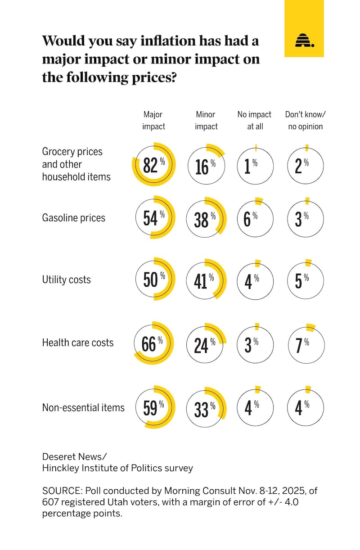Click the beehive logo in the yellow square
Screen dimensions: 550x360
(304, 41)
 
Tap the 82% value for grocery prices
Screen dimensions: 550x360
(151, 165)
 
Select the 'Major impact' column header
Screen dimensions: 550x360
(153, 121)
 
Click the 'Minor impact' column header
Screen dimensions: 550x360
(206, 121)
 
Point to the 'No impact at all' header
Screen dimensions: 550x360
(255, 121)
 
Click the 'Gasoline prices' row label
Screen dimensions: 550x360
(73, 218)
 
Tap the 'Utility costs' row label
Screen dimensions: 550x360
(66, 280)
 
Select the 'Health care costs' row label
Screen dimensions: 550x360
(78, 343)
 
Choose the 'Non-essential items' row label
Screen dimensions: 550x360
(83, 407)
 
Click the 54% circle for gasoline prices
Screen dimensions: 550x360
(154, 218)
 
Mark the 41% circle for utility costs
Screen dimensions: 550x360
(205, 280)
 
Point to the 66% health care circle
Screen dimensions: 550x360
(153, 344)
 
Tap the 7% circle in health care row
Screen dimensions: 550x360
(306, 344)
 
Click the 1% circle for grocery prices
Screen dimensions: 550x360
(255, 166)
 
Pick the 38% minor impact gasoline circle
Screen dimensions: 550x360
(205, 218)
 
